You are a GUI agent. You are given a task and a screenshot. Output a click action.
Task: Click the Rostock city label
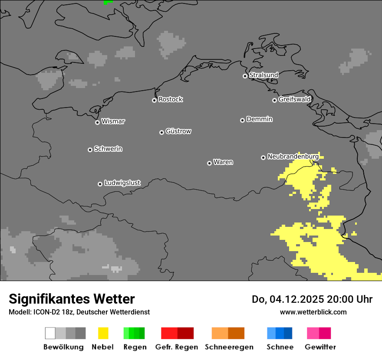170,99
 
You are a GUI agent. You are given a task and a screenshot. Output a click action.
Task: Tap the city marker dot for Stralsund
245,76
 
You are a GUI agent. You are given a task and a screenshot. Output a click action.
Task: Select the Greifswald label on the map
294,99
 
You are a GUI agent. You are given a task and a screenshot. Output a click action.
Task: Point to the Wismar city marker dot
97,122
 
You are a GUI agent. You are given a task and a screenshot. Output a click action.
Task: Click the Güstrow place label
178,131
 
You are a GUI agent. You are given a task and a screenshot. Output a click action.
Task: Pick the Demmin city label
259,119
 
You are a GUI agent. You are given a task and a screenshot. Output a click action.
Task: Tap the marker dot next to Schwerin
90,150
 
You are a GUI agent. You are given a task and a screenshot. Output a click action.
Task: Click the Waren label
223,162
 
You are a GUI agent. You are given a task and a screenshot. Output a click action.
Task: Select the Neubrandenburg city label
293,157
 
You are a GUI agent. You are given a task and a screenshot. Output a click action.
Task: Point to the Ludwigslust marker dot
100,184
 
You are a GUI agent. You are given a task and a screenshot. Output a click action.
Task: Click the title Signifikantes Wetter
72,299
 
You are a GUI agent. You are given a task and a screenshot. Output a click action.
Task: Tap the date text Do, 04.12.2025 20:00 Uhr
312,299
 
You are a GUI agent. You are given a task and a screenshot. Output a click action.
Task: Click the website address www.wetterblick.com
313,312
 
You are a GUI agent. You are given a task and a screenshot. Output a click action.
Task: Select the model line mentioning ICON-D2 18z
79,312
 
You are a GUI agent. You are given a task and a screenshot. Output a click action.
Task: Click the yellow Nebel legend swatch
103,333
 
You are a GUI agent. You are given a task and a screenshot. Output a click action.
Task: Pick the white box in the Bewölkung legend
50,333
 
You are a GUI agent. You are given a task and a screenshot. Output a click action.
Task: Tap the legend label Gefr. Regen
177,347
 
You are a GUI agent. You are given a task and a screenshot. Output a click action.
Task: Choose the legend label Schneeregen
229,347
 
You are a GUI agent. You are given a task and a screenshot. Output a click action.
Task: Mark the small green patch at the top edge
108,2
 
